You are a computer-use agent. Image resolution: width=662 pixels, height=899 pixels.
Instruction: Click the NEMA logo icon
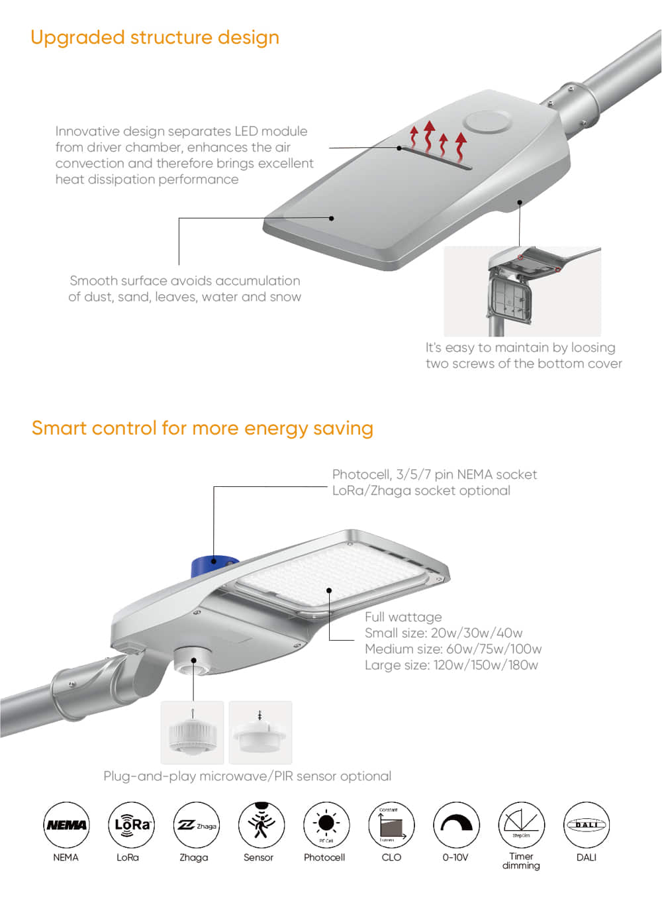[x=66, y=825]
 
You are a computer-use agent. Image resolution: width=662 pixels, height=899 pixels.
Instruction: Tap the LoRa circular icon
[x=131, y=825]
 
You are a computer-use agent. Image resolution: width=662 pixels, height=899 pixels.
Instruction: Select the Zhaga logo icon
[x=196, y=825]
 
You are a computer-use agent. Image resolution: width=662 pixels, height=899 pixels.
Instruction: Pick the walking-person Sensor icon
[x=261, y=825]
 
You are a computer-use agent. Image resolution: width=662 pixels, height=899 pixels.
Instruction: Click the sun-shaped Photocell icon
[x=326, y=825]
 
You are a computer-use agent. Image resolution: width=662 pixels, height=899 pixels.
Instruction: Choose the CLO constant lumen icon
[x=391, y=825]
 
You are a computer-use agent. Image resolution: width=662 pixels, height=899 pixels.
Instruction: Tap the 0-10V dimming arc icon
[x=456, y=825]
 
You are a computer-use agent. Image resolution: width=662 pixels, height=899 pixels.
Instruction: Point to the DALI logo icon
[x=587, y=825]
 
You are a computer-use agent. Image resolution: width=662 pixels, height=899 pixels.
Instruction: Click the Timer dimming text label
[x=521, y=861]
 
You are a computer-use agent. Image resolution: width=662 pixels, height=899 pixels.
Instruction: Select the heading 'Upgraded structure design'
[x=155, y=37]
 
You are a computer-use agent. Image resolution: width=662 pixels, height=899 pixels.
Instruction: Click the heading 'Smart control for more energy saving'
[x=203, y=428]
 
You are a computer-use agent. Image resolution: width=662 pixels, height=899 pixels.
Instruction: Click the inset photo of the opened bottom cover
[x=522, y=291]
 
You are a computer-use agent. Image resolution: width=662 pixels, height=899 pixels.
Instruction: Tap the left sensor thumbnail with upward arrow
[x=193, y=732]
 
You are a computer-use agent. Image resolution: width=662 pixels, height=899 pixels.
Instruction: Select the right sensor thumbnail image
[x=260, y=732]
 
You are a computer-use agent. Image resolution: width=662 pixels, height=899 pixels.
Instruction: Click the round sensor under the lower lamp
[x=193, y=661]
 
